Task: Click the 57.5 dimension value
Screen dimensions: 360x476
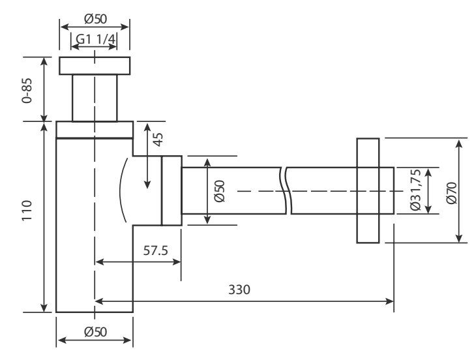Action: pos(155,250)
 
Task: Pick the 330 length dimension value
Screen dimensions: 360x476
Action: pos(239,289)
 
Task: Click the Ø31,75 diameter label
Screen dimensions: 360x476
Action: pos(415,190)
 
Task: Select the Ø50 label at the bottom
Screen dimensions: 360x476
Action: pos(95,331)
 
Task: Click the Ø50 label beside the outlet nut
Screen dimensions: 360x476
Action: pos(219,190)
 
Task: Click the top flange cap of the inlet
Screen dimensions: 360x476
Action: pos(95,65)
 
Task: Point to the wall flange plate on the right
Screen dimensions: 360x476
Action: pos(368,190)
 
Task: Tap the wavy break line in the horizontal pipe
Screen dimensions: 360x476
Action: pos(285,190)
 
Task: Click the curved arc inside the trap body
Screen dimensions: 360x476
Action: pos(122,190)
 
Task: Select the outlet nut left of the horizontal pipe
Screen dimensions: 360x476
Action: pos(171,190)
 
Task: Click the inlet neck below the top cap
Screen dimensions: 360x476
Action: pos(95,98)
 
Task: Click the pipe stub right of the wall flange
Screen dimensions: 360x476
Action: pos(387,190)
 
